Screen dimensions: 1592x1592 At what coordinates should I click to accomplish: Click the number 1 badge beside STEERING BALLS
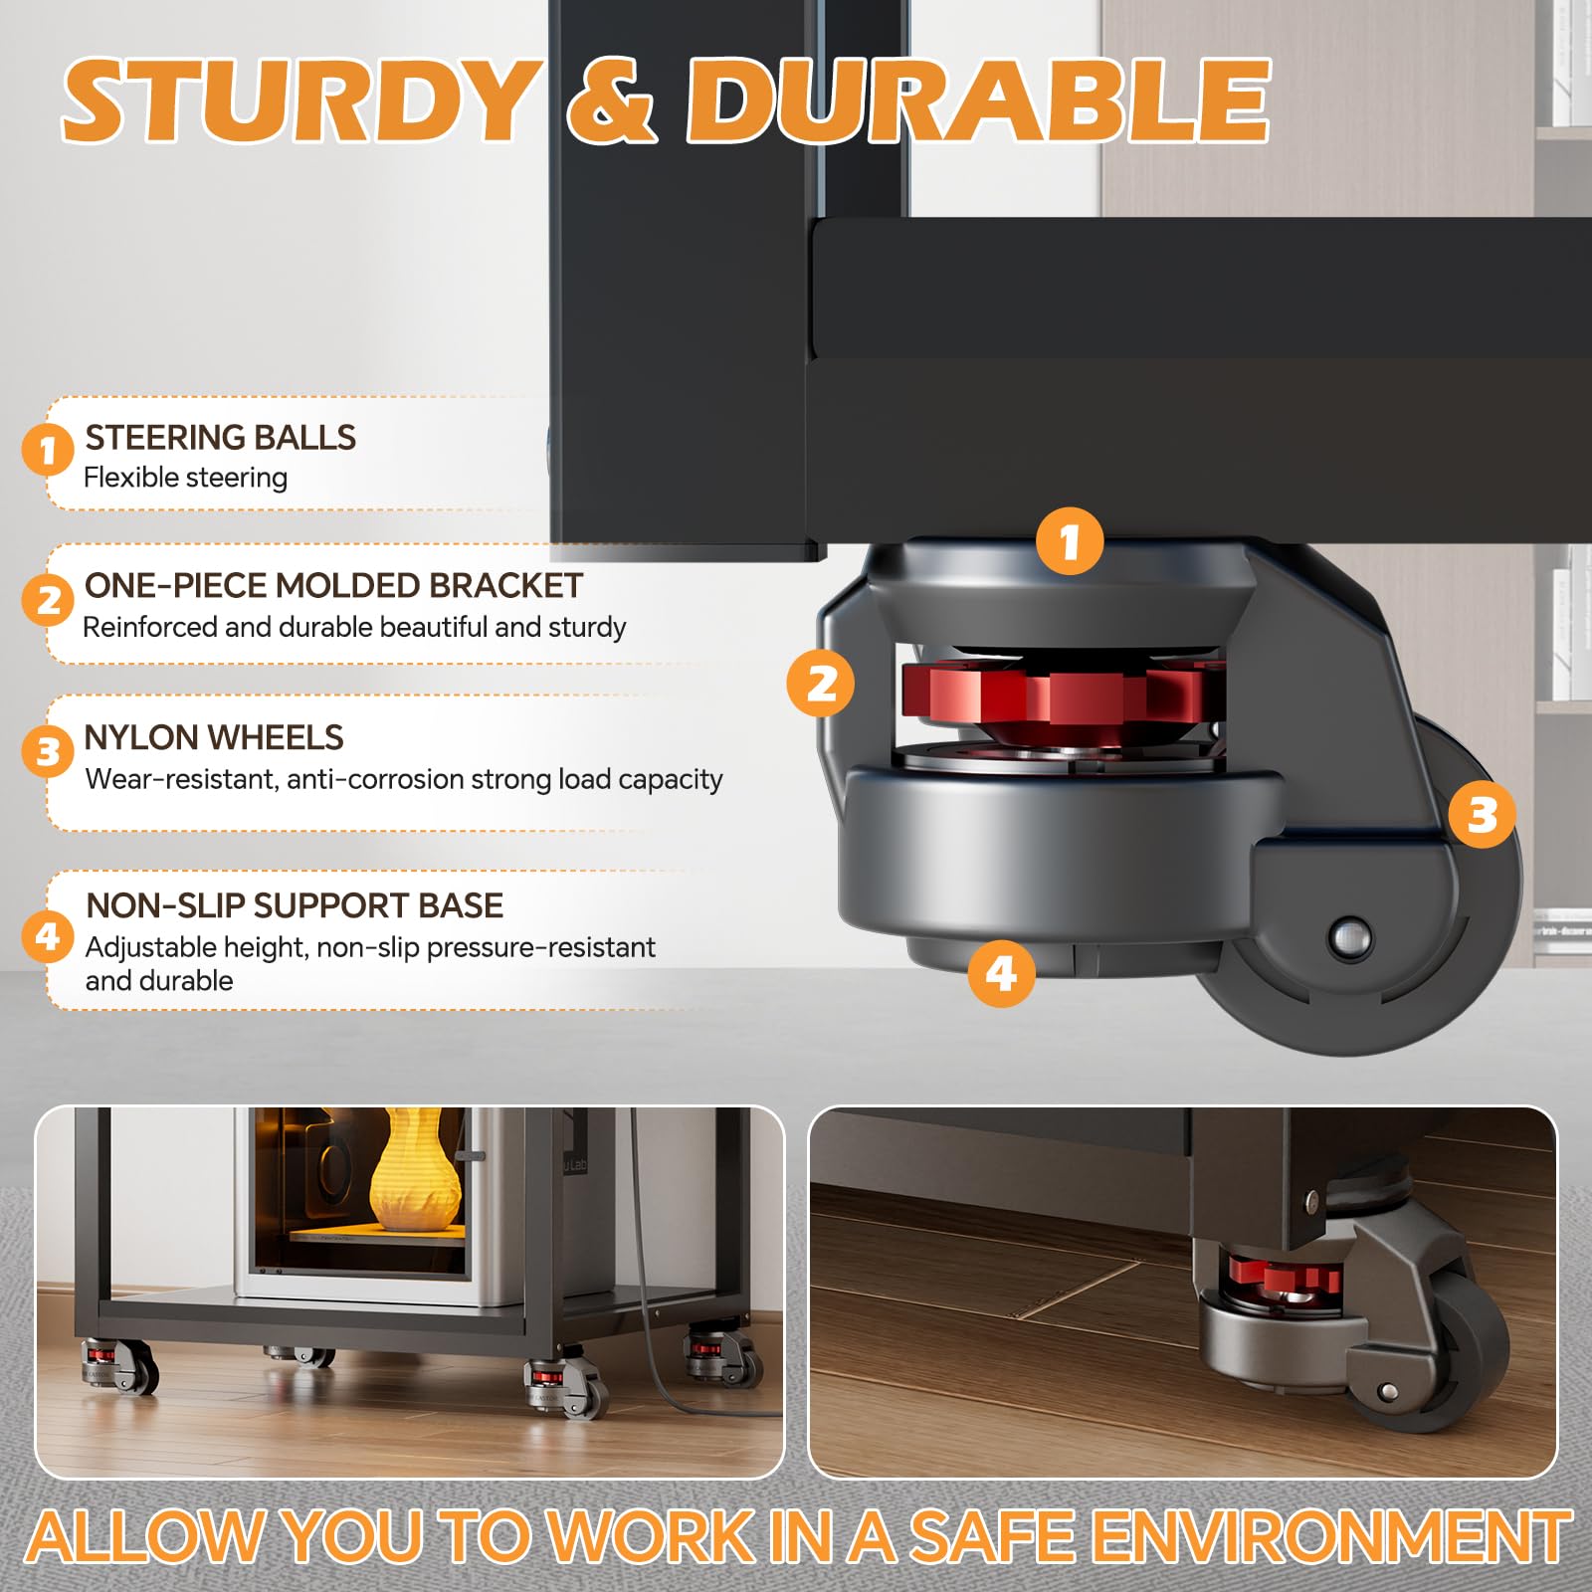tap(48, 451)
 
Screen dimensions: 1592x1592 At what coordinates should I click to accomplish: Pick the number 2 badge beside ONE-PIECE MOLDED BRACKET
tap(48, 600)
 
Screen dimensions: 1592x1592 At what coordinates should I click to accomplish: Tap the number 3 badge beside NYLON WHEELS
tap(48, 751)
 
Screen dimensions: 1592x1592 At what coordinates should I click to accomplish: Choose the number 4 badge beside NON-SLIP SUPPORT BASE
tap(48, 936)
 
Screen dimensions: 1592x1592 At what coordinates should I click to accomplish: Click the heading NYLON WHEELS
tap(214, 737)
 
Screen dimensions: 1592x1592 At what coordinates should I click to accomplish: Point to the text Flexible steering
tap(186, 478)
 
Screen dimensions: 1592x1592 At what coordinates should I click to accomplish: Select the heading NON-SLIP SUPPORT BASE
tap(295, 905)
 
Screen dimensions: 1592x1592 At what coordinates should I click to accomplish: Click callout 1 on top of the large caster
tap(1070, 541)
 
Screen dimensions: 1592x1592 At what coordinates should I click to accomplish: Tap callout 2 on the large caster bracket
tap(821, 684)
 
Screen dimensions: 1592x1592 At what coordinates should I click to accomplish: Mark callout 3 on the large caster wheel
tap(1483, 815)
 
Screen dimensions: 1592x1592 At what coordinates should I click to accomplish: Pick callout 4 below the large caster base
tap(1001, 973)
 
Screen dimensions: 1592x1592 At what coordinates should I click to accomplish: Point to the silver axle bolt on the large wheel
tap(1350, 937)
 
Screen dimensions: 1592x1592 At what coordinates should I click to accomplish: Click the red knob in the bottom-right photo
tap(1283, 1278)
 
